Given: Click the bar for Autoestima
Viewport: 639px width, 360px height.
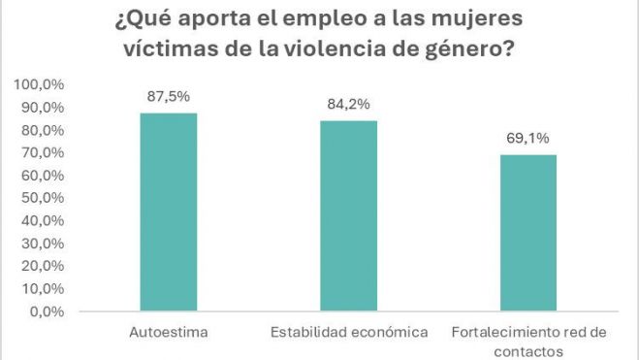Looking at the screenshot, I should click(168, 213).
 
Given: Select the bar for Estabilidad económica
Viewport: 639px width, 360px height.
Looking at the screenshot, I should click(348, 216).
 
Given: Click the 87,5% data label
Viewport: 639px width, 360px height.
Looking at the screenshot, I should click(168, 98).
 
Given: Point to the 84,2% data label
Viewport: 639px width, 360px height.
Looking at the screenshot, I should click(348, 105).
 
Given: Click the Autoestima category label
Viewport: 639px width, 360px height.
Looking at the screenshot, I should click(168, 333).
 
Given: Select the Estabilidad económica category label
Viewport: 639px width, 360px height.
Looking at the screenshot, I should click(348, 333).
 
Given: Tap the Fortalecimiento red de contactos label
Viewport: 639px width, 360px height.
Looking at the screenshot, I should click(529, 341).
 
